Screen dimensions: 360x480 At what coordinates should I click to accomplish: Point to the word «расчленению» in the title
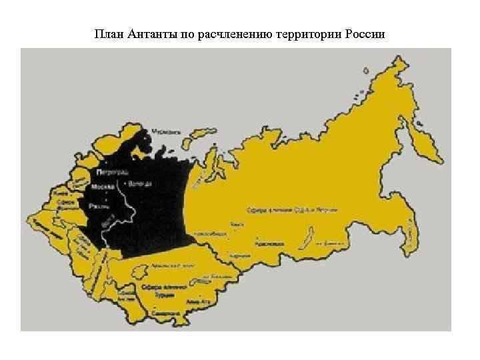[234, 33]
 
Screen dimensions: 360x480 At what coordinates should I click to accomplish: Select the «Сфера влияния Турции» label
[159, 289]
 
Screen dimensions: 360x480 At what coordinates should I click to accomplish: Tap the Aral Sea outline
[141, 273]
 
